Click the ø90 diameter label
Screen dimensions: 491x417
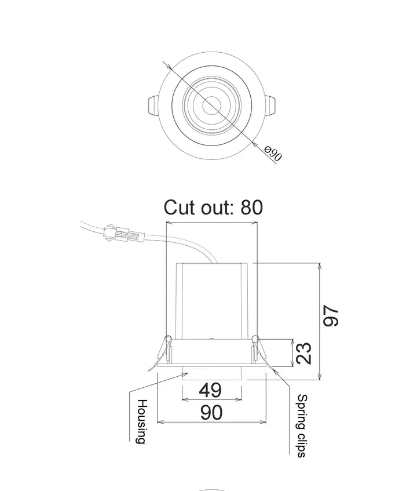pyautogui.click(x=273, y=154)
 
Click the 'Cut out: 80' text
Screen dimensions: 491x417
pyautogui.click(x=213, y=207)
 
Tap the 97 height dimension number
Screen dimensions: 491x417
pyautogui.click(x=331, y=316)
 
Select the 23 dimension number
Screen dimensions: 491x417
pyautogui.click(x=304, y=354)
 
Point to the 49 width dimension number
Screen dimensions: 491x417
pyautogui.click(x=211, y=390)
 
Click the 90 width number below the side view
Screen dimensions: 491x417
pyautogui.click(x=211, y=412)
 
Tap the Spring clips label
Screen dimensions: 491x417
pyautogui.click(x=302, y=425)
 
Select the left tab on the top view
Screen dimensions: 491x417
pyautogui.click(x=151, y=107)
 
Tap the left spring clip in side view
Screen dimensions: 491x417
pyautogui.click(x=165, y=350)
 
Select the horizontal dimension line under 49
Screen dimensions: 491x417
pyautogui.click(x=211, y=399)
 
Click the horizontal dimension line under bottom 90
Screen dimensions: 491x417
pyautogui.click(x=211, y=422)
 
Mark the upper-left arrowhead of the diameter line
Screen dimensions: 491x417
pyautogui.click(x=167, y=66)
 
